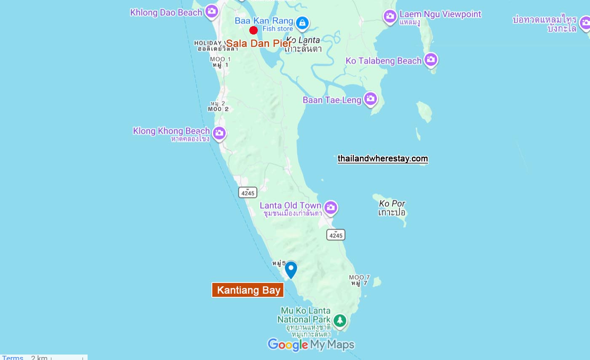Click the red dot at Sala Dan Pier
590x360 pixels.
coord(254,30)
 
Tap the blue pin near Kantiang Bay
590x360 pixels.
coord(291,269)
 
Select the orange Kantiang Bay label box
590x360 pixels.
coord(248,290)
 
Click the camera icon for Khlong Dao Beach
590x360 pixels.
coord(212,11)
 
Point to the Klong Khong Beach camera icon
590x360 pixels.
coord(219,133)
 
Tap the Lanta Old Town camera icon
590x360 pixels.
coord(331,207)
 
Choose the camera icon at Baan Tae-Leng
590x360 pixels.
coord(371,99)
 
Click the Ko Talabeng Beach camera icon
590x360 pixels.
coord(430,59)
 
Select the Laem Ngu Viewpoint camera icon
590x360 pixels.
coord(390,16)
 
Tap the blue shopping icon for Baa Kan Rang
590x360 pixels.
coord(302,23)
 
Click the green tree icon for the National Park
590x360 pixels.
coord(340,320)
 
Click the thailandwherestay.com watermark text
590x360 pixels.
coord(382,159)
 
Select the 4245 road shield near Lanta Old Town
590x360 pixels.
coord(336,235)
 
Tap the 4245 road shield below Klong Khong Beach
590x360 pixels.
coord(248,193)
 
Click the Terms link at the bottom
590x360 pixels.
coord(13,357)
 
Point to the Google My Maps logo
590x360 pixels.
coord(311,345)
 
